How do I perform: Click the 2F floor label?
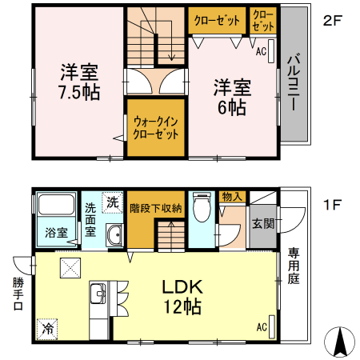333,20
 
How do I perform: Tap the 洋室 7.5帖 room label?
78,81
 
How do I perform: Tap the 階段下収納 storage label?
156,208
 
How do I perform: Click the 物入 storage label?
232,197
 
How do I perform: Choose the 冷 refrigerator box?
46,328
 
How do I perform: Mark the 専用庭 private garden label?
294,269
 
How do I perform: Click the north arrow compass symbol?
339,342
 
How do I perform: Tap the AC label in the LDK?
262,326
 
